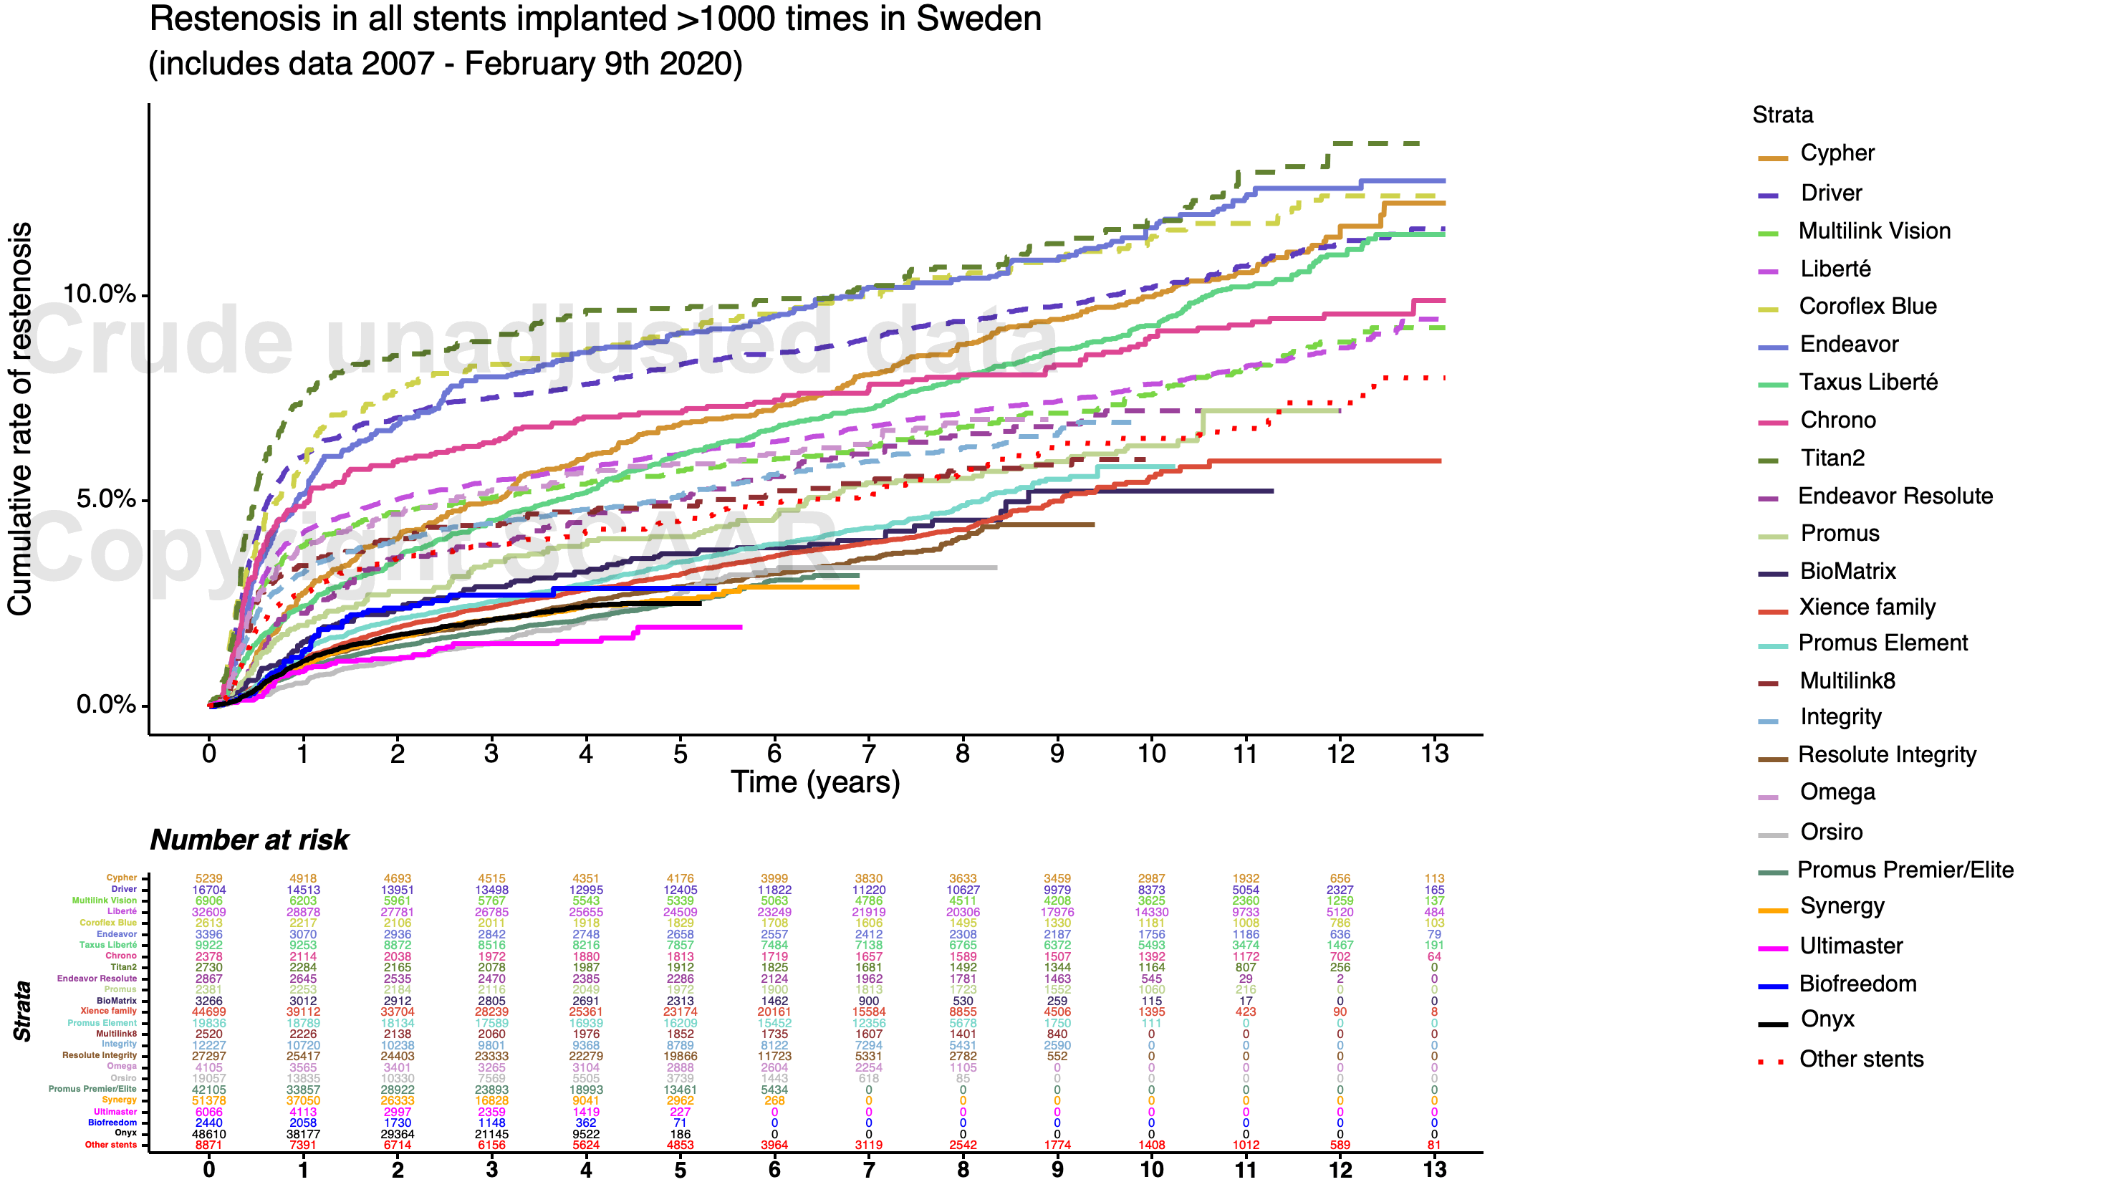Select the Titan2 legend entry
coord(1832,458)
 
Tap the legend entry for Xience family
coord(1866,607)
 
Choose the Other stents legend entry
coord(1860,1060)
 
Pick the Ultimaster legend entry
coord(1850,946)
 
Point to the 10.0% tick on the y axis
coord(99,294)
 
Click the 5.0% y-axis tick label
coord(105,499)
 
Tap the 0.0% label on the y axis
coord(105,704)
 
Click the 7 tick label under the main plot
coord(869,754)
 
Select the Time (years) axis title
coord(814,782)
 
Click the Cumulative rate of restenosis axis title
coord(19,418)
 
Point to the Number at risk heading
coord(249,840)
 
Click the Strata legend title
coord(1782,115)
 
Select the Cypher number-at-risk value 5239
coord(208,878)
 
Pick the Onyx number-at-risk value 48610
coord(208,1134)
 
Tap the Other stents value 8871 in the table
coord(208,1145)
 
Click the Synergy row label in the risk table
coord(119,1100)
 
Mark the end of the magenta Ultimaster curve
coord(741,627)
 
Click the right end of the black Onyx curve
coord(700,603)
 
